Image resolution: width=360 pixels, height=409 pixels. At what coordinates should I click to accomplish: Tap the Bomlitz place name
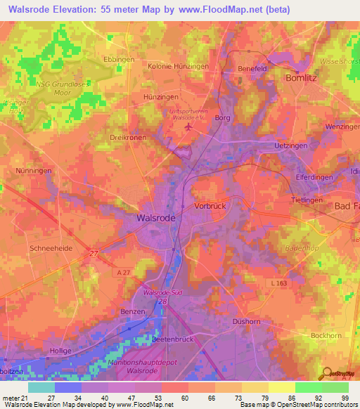point(303,79)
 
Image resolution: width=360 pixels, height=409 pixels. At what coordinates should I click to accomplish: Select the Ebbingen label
point(118,60)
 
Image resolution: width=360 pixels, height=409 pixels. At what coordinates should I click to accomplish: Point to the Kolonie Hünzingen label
point(178,66)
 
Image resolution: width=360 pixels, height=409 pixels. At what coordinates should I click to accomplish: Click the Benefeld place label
point(253,69)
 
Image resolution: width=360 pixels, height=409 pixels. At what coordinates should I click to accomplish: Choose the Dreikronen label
point(128,138)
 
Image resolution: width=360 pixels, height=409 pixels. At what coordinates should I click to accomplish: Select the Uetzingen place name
point(273,144)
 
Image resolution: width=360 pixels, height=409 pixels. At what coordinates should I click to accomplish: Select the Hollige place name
point(61,351)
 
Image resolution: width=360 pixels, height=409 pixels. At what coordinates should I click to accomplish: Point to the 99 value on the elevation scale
point(345,397)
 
